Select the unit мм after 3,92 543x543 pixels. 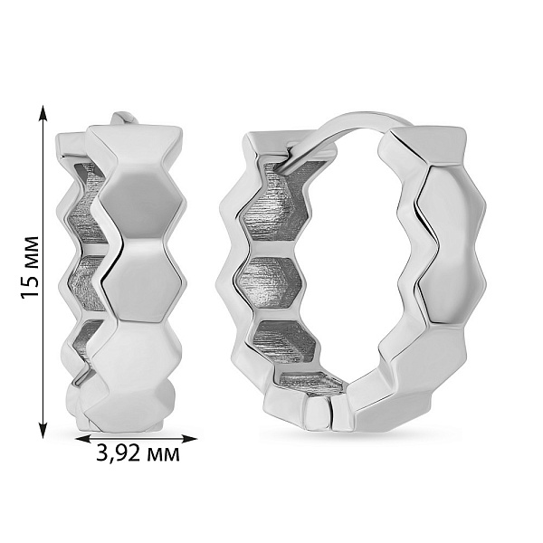click(164, 455)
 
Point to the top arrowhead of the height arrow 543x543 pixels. click(43, 114)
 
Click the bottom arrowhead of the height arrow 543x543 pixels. click(43, 429)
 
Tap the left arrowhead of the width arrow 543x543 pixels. click(84, 439)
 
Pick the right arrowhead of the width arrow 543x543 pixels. click(188, 439)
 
